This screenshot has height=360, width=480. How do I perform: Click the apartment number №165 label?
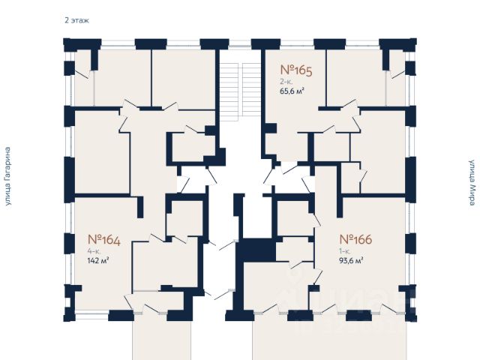click(x=295, y=71)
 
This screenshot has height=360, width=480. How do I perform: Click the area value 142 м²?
click(x=99, y=262)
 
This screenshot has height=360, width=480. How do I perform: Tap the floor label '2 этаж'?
click(x=76, y=20)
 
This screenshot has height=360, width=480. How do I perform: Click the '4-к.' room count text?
click(x=94, y=252)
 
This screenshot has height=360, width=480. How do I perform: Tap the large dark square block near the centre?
click(x=256, y=250)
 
